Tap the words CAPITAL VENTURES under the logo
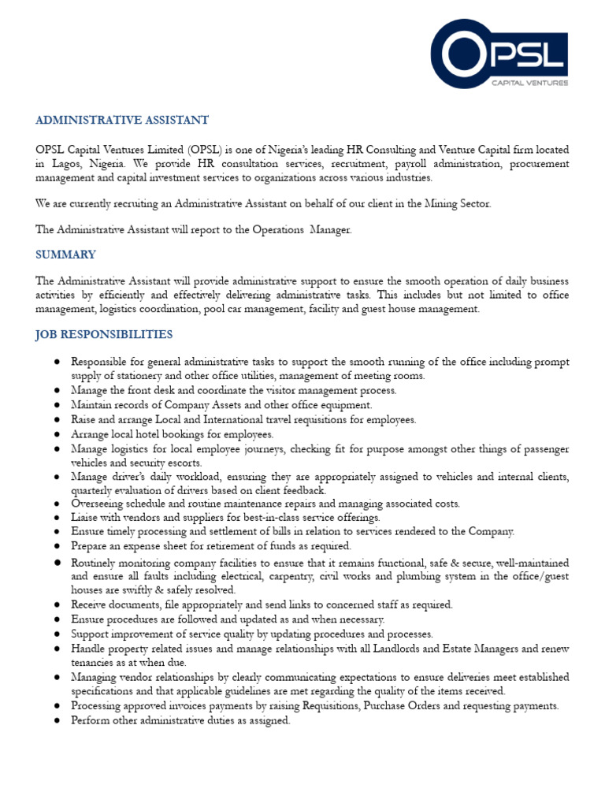point(529,82)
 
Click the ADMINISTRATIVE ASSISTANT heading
point(122,120)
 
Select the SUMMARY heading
point(65,255)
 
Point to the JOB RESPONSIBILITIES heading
point(103,334)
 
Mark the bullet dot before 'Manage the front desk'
point(58,391)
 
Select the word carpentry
point(322,576)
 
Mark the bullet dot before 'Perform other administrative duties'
point(58,720)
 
